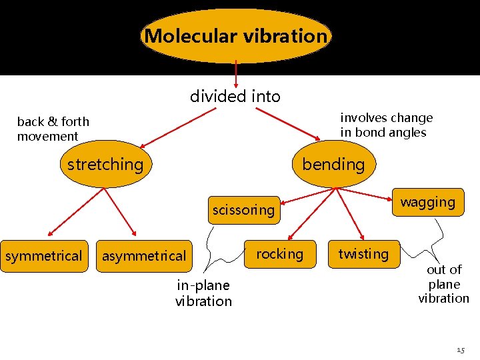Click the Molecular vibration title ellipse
236,36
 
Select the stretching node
105,164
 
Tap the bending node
333,164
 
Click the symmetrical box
44,256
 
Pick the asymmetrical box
144,256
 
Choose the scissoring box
243,210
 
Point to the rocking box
280,254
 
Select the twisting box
363,254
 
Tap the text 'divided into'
235,97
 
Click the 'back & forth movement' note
53,129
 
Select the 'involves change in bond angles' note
386,125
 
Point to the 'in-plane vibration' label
203,293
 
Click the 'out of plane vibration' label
444,284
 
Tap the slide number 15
461,349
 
